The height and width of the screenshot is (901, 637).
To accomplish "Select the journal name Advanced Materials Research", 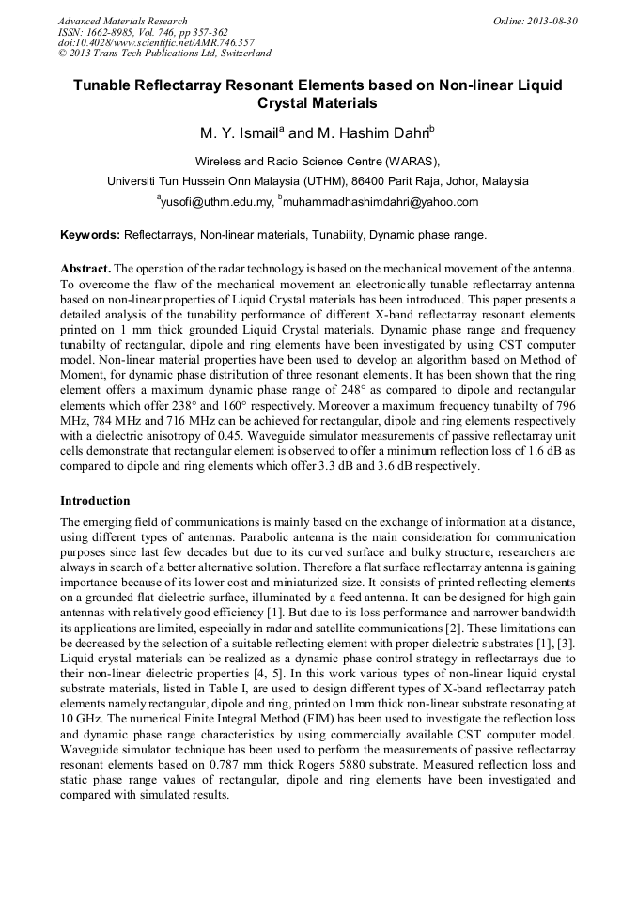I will (x=122, y=21).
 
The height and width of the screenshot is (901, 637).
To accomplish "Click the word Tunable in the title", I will (x=103, y=85).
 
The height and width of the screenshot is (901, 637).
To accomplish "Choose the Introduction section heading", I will (x=95, y=501).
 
